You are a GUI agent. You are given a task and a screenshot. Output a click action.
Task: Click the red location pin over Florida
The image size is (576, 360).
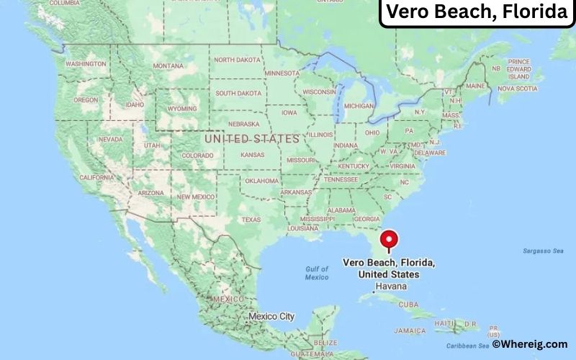pyautogui.click(x=389, y=238)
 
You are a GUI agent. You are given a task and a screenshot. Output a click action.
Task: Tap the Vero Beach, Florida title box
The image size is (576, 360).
pyautogui.click(x=476, y=13)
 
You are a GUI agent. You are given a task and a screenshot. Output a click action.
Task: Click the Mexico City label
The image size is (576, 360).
pyautogui.click(x=271, y=316)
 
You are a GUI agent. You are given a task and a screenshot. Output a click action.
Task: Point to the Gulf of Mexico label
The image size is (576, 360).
pyautogui.click(x=316, y=273)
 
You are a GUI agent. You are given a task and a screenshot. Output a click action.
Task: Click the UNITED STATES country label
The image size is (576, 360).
pyautogui.click(x=251, y=138)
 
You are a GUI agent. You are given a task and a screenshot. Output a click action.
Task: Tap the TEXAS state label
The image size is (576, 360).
pyautogui.click(x=251, y=220)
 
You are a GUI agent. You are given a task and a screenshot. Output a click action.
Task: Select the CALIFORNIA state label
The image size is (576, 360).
pyautogui.click(x=96, y=177)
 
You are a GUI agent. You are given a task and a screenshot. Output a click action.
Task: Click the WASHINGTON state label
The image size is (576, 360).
pyautogui.click(x=86, y=64)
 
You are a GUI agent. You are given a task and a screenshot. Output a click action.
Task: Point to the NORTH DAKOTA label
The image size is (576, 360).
pyautogui.click(x=238, y=60)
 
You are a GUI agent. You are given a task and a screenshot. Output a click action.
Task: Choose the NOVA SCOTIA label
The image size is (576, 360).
pyautogui.click(x=517, y=89)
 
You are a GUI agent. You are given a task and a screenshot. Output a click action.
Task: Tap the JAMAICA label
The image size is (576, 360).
pyautogui.click(x=411, y=330)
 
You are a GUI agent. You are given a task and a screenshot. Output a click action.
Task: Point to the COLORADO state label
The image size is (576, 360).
pyautogui.click(x=197, y=156)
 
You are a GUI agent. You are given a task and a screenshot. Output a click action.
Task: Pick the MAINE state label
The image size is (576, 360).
pyautogui.click(x=474, y=86)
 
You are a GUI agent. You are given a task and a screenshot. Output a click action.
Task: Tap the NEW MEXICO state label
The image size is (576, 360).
pyautogui.click(x=196, y=197)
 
